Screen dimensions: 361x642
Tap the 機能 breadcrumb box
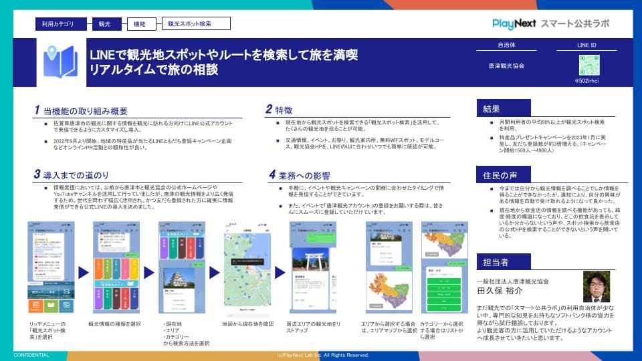pos(140,24)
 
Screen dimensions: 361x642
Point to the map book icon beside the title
pos(60,62)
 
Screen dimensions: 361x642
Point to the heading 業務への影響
pos(299,175)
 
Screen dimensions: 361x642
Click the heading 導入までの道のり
pos(76,175)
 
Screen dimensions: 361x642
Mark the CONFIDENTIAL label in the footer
pos(31,356)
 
